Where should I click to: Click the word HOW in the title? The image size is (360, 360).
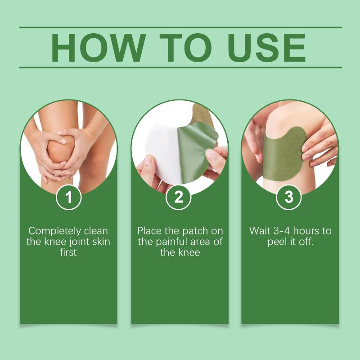[x=98, y=48]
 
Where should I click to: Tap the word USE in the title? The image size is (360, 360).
[x=266, y=48]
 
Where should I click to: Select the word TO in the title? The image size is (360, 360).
[x=185, y=48]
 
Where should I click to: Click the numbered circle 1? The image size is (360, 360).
[x=69, y=197]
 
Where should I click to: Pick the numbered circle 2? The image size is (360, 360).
[x=179, y=197]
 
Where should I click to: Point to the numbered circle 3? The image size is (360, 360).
[x=289, y=197]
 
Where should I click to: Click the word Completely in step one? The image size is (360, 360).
[x=55, y=231]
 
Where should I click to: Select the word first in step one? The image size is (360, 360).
[x=68, y=252]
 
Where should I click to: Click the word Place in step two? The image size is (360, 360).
[x=150, y=231]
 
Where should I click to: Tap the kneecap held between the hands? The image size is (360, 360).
[x=60, y=150]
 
